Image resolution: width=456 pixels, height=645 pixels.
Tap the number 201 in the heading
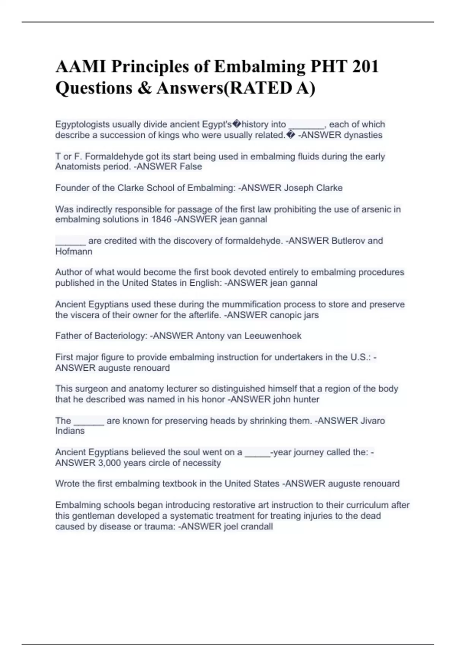(x=365, y=67)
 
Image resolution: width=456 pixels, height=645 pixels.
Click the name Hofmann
(x=74, y=251)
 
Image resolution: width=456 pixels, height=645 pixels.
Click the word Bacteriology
(x=120, y=336)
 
